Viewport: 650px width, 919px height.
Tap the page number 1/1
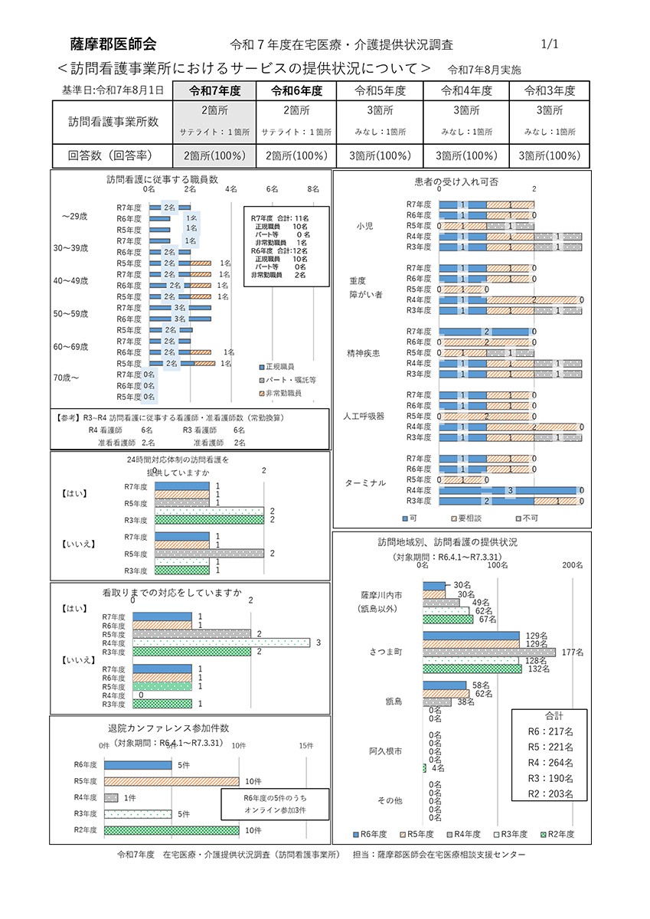[550, 44]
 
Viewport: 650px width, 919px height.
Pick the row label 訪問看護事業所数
[113, 121]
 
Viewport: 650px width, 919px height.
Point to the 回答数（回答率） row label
[113, 156]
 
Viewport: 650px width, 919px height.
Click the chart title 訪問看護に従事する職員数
[162, 179]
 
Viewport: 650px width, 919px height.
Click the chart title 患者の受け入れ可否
[456, 182]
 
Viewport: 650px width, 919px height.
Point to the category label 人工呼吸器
[364, 416]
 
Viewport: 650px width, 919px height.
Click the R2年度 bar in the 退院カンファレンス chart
[171, 830]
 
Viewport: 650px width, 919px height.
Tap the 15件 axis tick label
[306, 746]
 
